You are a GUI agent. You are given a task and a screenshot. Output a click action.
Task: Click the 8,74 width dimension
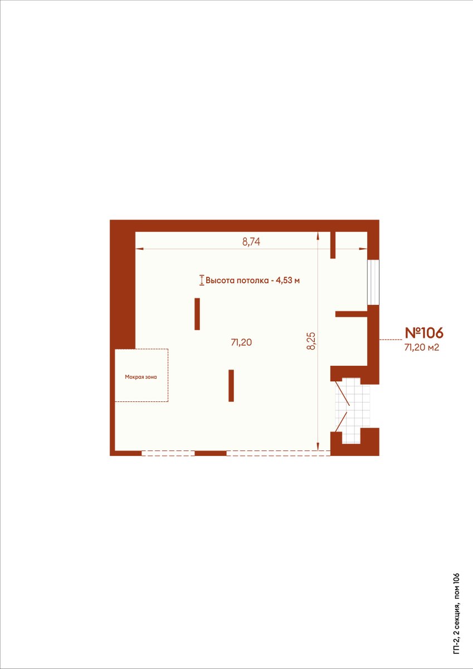click(x=251, y=241)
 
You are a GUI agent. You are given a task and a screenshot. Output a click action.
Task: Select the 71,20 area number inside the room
click(x=241, y=342)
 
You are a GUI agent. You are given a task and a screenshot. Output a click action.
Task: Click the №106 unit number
click(x=424, y=332)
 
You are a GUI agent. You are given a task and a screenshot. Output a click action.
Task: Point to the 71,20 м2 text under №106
click(x=421, y=347)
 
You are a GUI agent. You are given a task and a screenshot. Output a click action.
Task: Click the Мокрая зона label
click(x=141, y=377)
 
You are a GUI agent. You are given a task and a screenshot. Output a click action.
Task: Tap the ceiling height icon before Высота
click(x=202, y=280)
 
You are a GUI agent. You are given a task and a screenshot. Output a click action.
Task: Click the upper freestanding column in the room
click(x=197, y=314)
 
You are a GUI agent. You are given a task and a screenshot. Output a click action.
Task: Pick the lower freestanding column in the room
click(x=231, y=386)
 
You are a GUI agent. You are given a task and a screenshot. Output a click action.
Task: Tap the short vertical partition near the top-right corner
click(x=333, y=245)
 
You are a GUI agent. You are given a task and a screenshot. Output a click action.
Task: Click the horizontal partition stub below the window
click(x=351, y=314)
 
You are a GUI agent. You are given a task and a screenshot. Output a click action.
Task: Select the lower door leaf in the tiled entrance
click(x=341, y=421)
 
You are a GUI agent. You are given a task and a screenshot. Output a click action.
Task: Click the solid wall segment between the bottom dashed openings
click(x=211, y=453)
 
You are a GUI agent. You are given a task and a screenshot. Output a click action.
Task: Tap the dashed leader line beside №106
click(x=391, y=340)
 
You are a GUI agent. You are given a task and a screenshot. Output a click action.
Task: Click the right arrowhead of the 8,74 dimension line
click(x=363, y=249)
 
